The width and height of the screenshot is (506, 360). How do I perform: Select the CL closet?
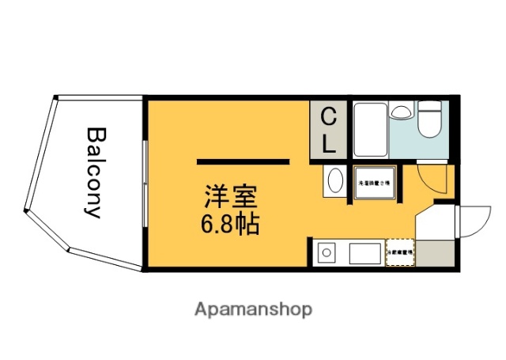[329, 130]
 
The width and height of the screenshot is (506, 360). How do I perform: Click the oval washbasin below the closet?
[333, 181]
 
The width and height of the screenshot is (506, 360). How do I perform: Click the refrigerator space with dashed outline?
[399, 253]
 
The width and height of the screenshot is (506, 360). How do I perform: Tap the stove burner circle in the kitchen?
[325, 254]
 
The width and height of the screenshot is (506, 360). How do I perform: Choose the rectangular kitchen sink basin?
[364, 254]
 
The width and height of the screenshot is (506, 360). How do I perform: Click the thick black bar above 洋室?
[243, 161]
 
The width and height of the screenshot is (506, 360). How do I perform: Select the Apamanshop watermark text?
[253, 308]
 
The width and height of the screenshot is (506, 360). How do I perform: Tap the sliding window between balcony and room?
[145, 184]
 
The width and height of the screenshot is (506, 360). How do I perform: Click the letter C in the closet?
[329, 119]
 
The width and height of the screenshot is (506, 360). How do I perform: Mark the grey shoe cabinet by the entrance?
[434, 252]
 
